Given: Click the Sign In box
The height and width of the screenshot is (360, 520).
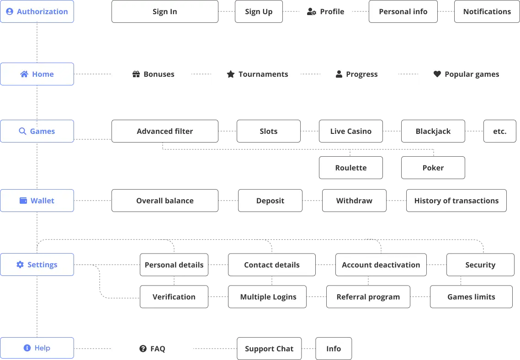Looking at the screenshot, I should pyautogui.click(x=164, y=12).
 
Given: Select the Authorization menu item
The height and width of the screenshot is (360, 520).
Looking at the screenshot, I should pyautogui.click(x=37, y=12).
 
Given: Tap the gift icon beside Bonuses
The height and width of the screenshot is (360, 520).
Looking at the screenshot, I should pyautogui.click(x=136, y=74).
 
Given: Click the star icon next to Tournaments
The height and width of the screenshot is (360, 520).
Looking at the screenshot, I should pyautogui.click(x=231, y=74).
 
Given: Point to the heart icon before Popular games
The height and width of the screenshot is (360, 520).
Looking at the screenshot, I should pyautogui.click(x=437, y=74).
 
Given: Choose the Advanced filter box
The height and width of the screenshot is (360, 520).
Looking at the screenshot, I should pyautogui.click(x=164, y=132).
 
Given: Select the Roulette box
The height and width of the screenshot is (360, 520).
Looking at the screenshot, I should pyautogui.click(x=350, y=168).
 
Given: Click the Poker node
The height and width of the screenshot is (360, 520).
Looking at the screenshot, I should pyautogui.click(x=433, y=168).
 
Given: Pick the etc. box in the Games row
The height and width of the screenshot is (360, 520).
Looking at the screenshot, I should pyautogui.click(x=499, y=132).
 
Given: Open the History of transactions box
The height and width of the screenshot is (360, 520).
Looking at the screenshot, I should pyautogui.click(x=456, y=201).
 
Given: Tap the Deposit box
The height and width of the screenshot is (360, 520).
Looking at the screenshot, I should pyautogui.click(x=270, y=201).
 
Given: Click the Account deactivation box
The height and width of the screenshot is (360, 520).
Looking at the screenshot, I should pyautogui.click(x=381, y=265).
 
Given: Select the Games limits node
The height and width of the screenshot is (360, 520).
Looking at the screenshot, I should pyautogui.click(x=471, y=297).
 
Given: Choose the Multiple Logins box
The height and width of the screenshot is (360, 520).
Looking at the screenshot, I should pyautogui.click(x=268, y=297).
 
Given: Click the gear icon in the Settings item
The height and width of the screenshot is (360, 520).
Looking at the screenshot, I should pyautogui.click(x=20, y=265).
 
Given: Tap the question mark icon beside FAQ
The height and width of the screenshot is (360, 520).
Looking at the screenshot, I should pyautogui.click(x=143, y=349).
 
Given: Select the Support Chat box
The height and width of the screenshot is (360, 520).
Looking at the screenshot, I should pyautogui.click(x=269, y=349).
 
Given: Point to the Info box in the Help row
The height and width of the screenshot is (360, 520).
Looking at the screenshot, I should pyautogui.click(x=333, y=349).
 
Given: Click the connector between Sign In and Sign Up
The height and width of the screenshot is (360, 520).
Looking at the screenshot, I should pyautogui.click(x=227, y=12).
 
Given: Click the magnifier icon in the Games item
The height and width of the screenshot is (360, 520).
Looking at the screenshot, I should pyautogui.click(x=22, y=132).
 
